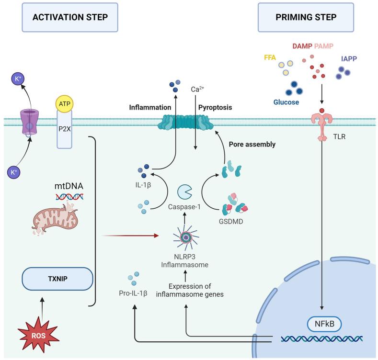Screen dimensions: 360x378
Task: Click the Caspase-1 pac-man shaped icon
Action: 185,192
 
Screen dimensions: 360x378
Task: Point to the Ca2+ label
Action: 198,90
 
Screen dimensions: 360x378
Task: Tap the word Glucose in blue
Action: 286,102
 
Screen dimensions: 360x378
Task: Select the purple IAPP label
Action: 349,60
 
